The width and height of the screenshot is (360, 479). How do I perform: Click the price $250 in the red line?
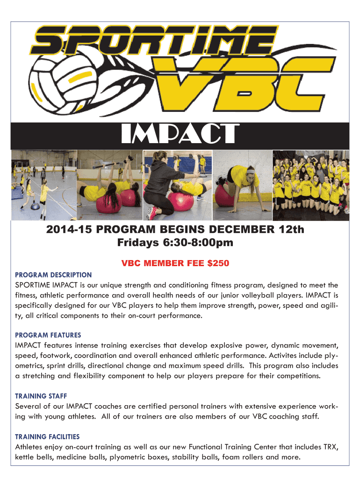point(217,263)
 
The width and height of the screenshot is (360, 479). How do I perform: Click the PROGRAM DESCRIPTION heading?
point(53,275)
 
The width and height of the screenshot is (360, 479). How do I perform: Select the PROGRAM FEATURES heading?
point(48,335)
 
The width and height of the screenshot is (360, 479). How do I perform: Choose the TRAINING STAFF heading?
point(44,396)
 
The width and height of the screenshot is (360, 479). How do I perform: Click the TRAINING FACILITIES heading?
point(47,436)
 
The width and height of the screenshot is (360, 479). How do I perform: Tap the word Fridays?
point(137,243)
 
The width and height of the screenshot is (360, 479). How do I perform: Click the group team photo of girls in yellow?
point(310,185)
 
